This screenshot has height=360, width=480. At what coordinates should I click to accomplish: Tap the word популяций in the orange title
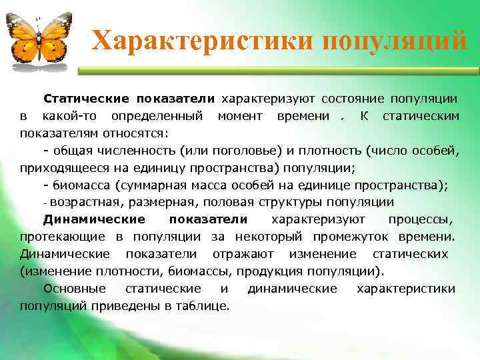394,41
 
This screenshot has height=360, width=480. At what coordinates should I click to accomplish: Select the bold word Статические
87,99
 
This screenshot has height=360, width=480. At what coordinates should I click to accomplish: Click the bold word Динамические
94,219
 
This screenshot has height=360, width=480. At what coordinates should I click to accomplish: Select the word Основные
74,289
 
